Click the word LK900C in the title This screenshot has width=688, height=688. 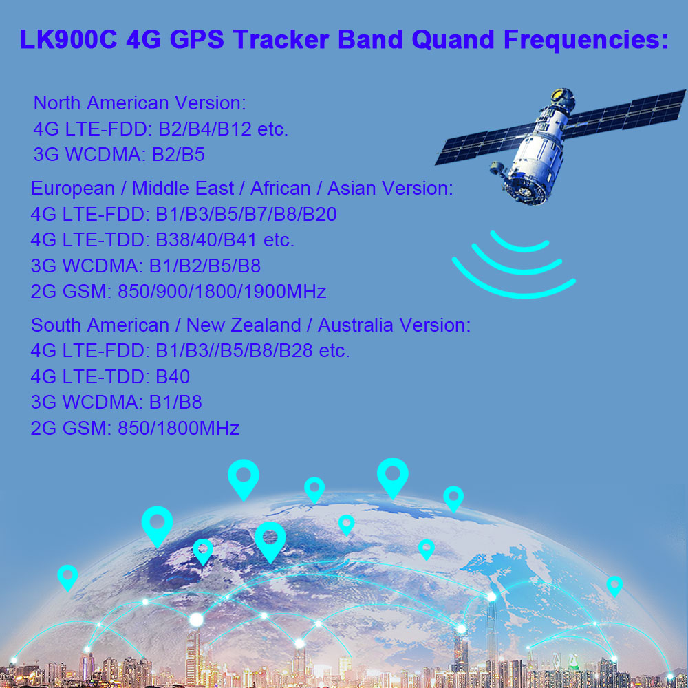click(69, 39)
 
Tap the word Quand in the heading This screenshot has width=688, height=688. click(453, 40)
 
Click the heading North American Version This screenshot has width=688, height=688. click(140, 103)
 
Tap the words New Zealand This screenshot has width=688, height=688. click(244, 325)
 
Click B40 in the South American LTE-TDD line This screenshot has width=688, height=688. click(173, 376)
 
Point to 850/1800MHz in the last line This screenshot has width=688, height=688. click(179, 428)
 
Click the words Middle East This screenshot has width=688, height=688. click(183, 189)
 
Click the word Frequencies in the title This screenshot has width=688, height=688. click(586, 40)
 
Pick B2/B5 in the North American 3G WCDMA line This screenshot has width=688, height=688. click(178, 155)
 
